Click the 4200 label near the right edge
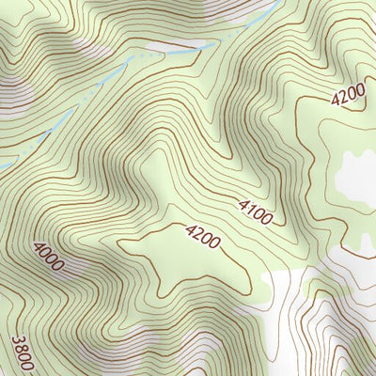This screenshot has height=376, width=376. pyautogui.click(x=347, y=97)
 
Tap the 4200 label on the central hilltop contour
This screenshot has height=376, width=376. pyautogui.click(x=202, y=236)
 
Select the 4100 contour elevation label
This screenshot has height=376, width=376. pyautogui.click(x=255, y=211)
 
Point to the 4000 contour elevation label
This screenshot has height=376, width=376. pyautogui.click(x=48, y=256)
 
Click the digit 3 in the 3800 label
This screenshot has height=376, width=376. pyautogui.click(x=17, y=340)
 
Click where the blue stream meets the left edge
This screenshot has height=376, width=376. pyautogui.click(x=2, y=167)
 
